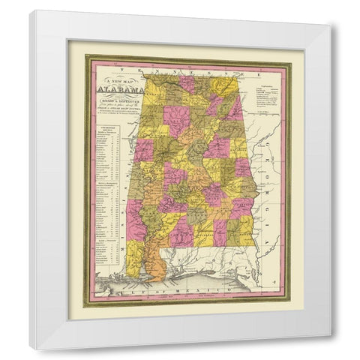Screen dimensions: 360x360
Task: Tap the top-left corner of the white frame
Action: point(31,10)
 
